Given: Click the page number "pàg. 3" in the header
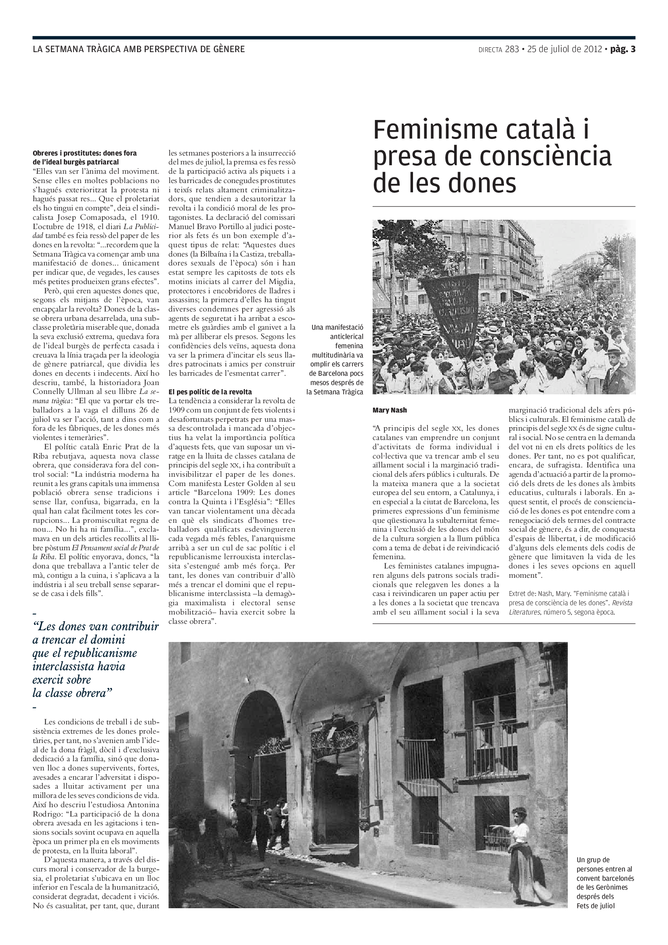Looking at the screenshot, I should pos(623,49).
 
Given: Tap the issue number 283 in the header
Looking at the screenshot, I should pos(512,49).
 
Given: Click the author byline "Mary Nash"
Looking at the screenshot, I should pos(389,410).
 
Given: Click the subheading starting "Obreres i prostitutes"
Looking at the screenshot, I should pos(84,153).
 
